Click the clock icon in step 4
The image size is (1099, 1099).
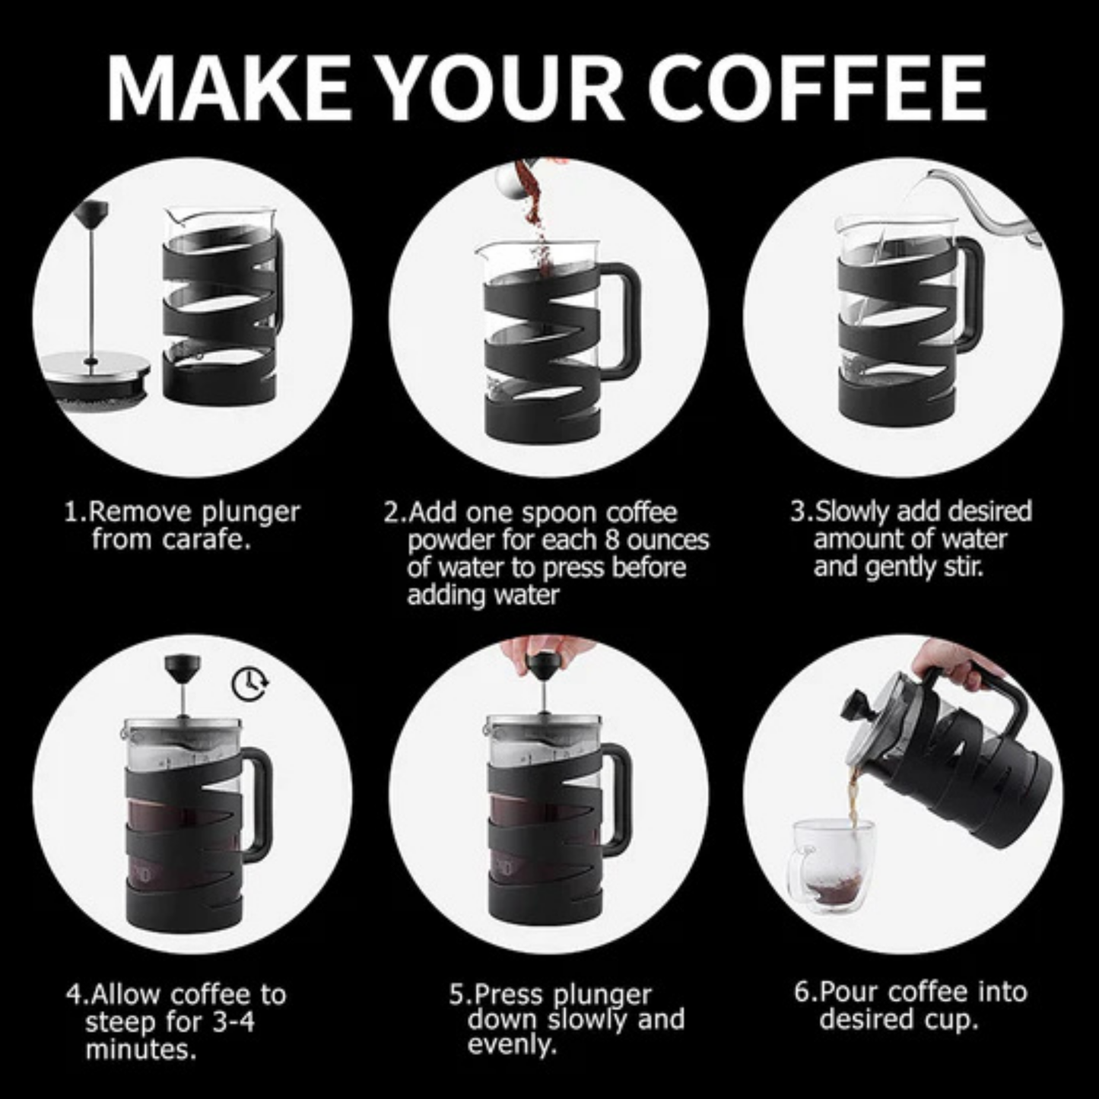[x=249, y=684]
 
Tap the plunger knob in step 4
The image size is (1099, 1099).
[x=183, y=669]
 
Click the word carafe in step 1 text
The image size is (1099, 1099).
[x=205, y=541]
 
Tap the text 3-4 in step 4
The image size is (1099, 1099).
[x=233, y=1022]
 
